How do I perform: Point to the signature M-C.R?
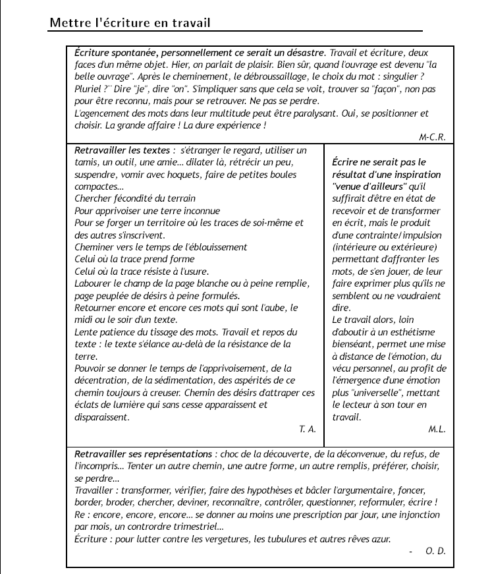pyautogui.click(x=432, y=137)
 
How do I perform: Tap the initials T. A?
pyautogui.click(x=308, y=429)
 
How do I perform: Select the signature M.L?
pyautogui.click(x=437, y=429)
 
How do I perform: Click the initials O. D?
pyautogui.click(x=436, y=551)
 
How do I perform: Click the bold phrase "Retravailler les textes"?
pyautogui.click(x=122, y=150)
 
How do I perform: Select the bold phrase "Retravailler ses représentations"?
pyautogui.click(x=144, y=454)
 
